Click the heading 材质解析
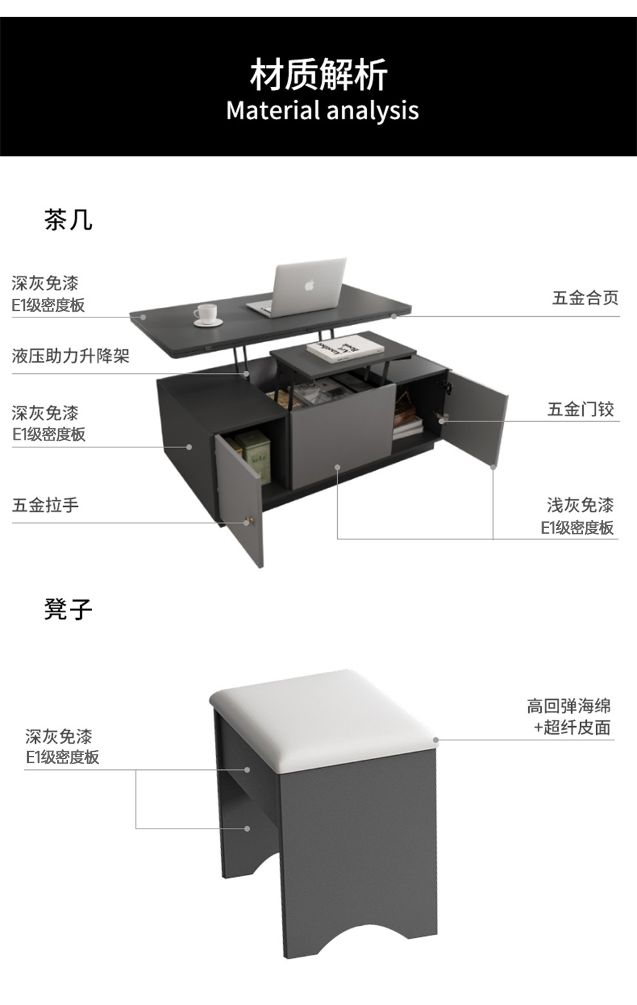pos(318,75)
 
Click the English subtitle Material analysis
pos(322,111)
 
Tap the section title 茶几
pos(68,220)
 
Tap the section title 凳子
pos(68,608)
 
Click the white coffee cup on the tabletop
pos(207,314)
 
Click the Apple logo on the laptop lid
pos(309,284)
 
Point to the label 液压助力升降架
pos(71,355)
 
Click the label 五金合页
pos(585,297)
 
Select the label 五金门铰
pos(580,409)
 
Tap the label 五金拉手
pos(45,505)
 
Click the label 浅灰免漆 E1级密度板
pos(579,516)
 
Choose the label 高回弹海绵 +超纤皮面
pos(569,717)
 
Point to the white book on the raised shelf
pos(345,348)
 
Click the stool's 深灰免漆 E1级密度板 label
pos(62,747)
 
